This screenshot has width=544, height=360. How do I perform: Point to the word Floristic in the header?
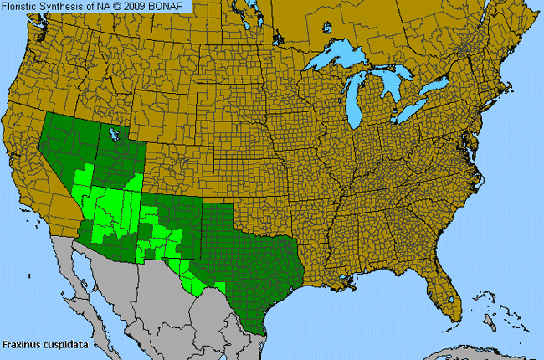[x=23, y=6]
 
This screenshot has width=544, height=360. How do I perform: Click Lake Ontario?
[x=439, y=86]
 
